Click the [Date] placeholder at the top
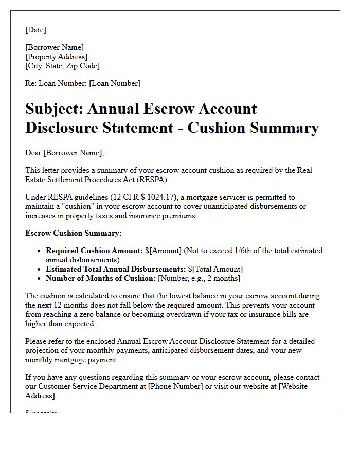click(x=35, y=30)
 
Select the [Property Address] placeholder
click(x=57, y=57)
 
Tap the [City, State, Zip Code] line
click(x=62, y=66)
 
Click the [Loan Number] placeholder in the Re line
click(x=114, y=83)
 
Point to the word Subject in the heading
click(x=53, y=109)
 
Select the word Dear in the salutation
click(x=34, y=153)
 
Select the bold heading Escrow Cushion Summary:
click(x=74, y=233)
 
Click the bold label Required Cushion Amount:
click(x=94, y=251)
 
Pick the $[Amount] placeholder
click(x=163, y=251)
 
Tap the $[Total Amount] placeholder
click(x=215, y=269)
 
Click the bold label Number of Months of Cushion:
click(x=101, y=278)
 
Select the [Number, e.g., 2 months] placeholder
click(x=199, y=278)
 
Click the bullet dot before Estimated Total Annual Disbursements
click(x=40, y=269)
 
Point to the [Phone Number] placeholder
click(x=173, y=386)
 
